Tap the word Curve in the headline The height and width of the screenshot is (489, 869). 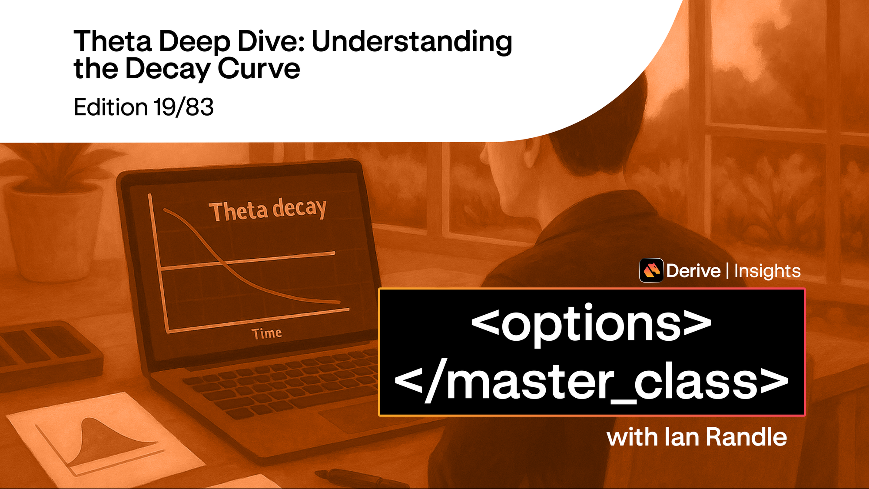pos(259,69)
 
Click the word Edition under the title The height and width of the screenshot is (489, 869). pos(111,107)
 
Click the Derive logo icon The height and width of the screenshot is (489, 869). pos(651,270)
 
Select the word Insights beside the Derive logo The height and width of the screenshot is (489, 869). pos(767,271)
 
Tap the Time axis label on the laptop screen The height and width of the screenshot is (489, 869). pos(266,333)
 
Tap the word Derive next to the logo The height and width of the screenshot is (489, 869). pos(693,271)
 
